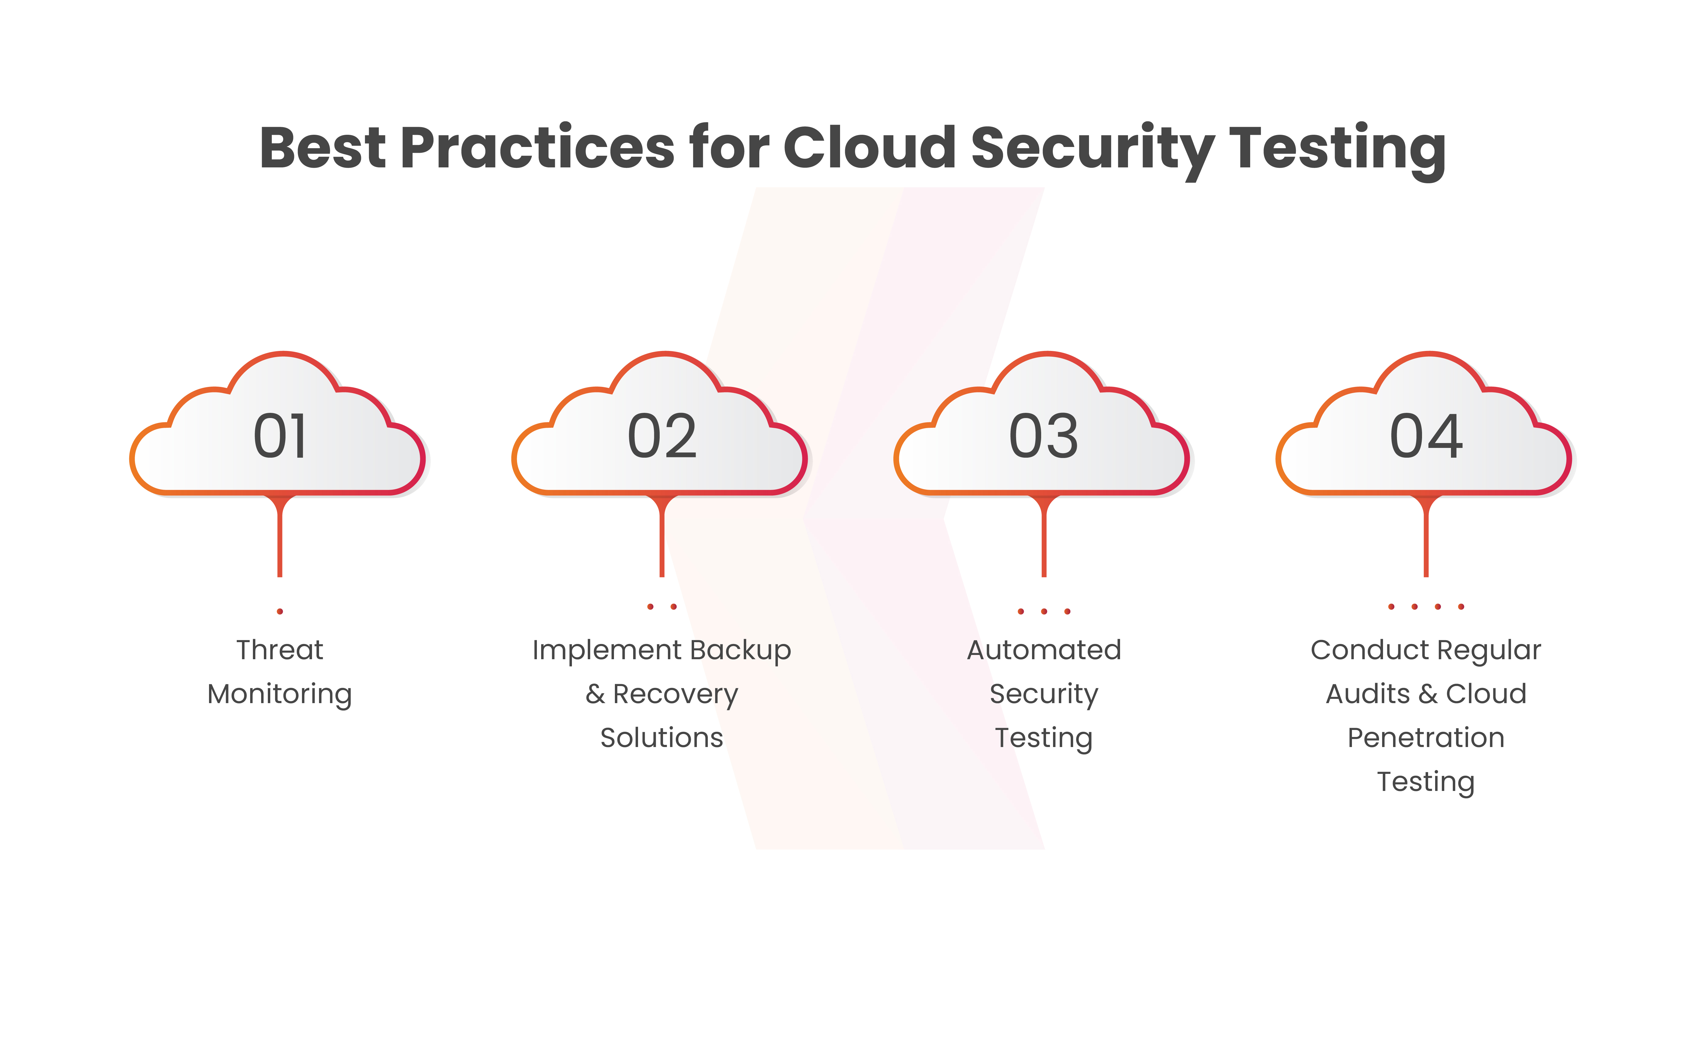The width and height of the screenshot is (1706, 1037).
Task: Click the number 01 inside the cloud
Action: click(280, 436)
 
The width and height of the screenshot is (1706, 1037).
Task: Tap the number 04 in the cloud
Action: click(1426, 436)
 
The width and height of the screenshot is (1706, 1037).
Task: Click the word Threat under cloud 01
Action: click(280, 650)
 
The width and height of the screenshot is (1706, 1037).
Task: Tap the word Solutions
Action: click(662, 738)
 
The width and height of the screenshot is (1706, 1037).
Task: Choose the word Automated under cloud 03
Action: click(1044, 650)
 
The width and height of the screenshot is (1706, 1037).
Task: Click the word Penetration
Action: click(1426, 738)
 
